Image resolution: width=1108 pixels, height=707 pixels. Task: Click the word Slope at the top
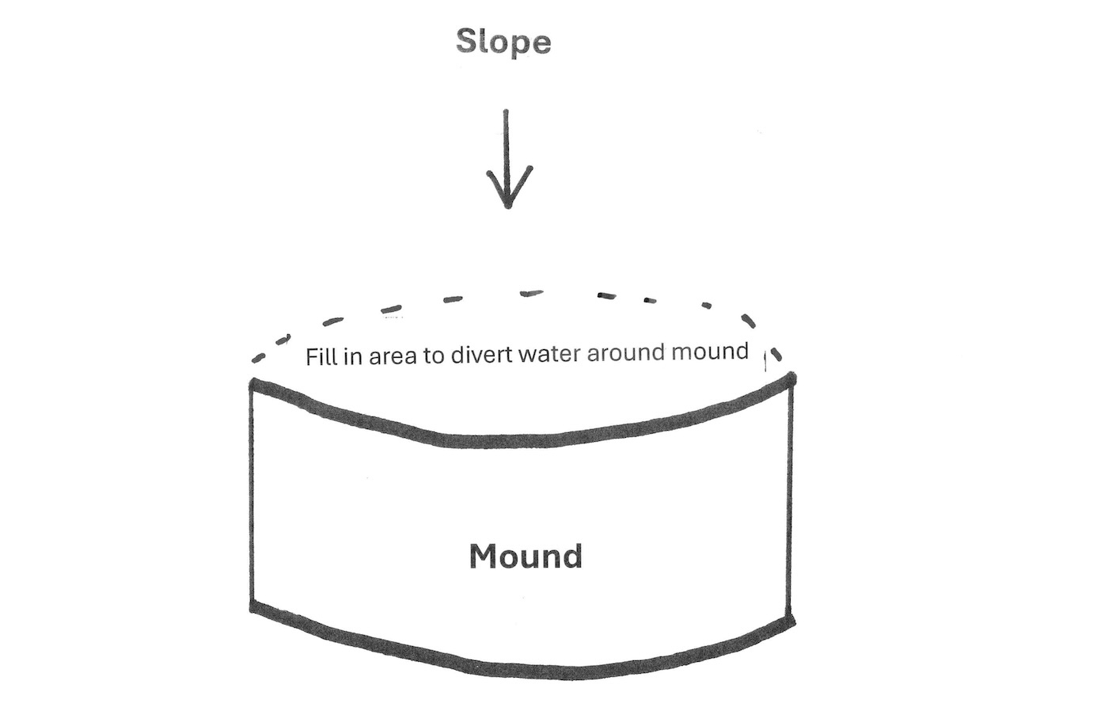(503, 41)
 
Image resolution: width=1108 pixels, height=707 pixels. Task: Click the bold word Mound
(526, 557)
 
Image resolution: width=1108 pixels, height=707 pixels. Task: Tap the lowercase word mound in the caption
(710, 351)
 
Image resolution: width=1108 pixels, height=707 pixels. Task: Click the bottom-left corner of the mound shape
(253, 607)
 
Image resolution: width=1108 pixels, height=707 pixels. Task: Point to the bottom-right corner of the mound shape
(791, 621)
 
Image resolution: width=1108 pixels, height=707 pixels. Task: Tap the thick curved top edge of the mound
(514, 440)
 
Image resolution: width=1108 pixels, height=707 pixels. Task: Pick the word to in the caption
(434, 355)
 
